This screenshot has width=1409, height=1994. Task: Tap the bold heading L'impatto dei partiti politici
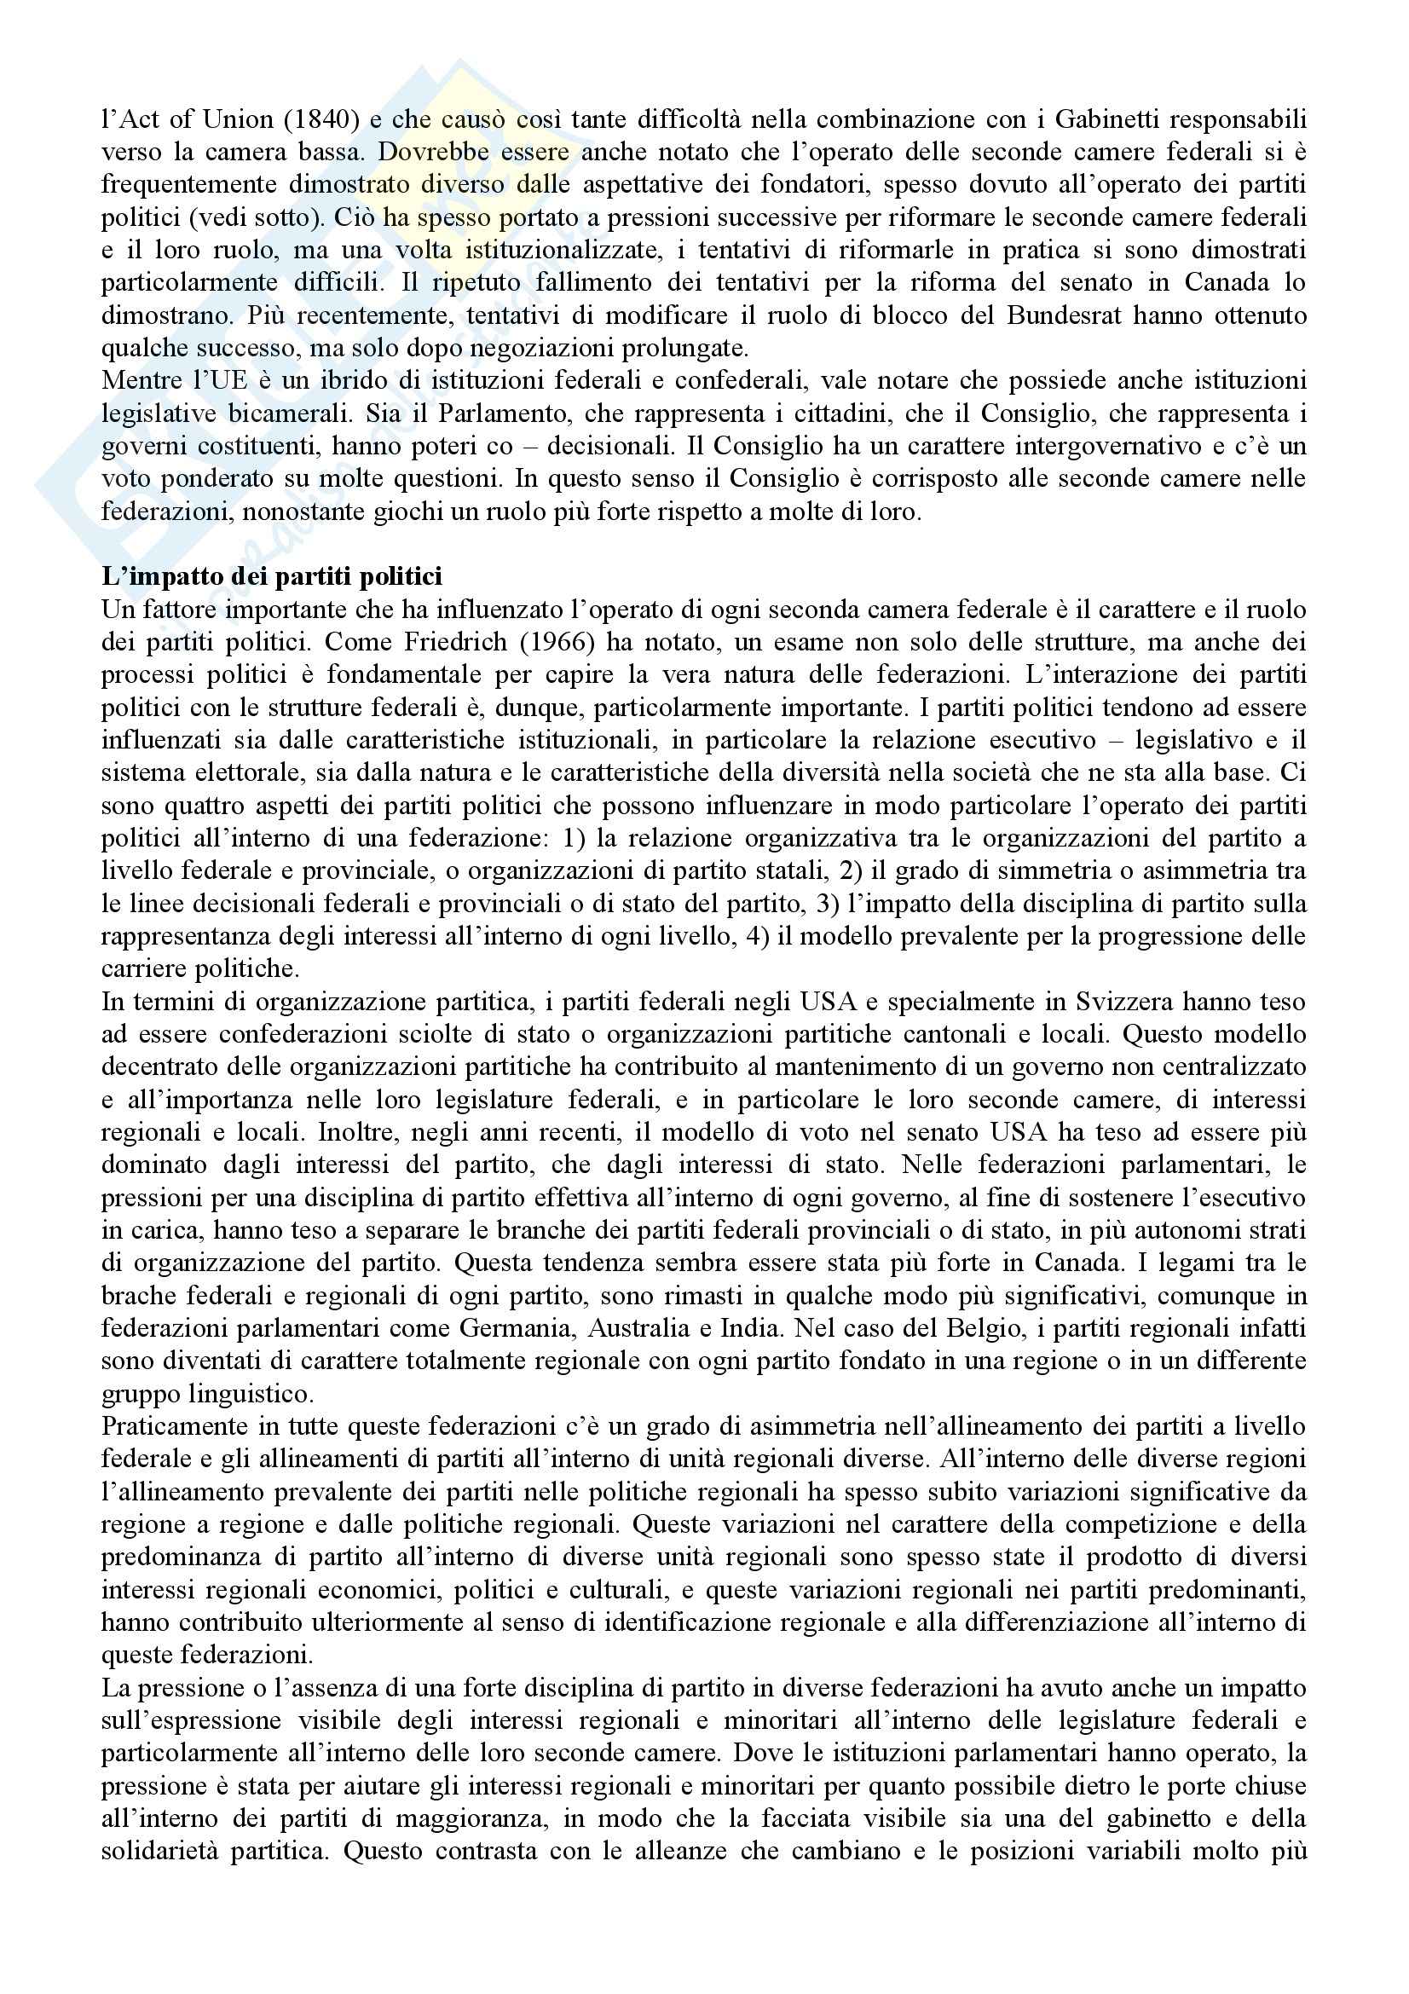pyautogui.click(x=272, y=576)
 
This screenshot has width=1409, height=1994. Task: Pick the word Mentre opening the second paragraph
pyautogui.click(x=138, y=380)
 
